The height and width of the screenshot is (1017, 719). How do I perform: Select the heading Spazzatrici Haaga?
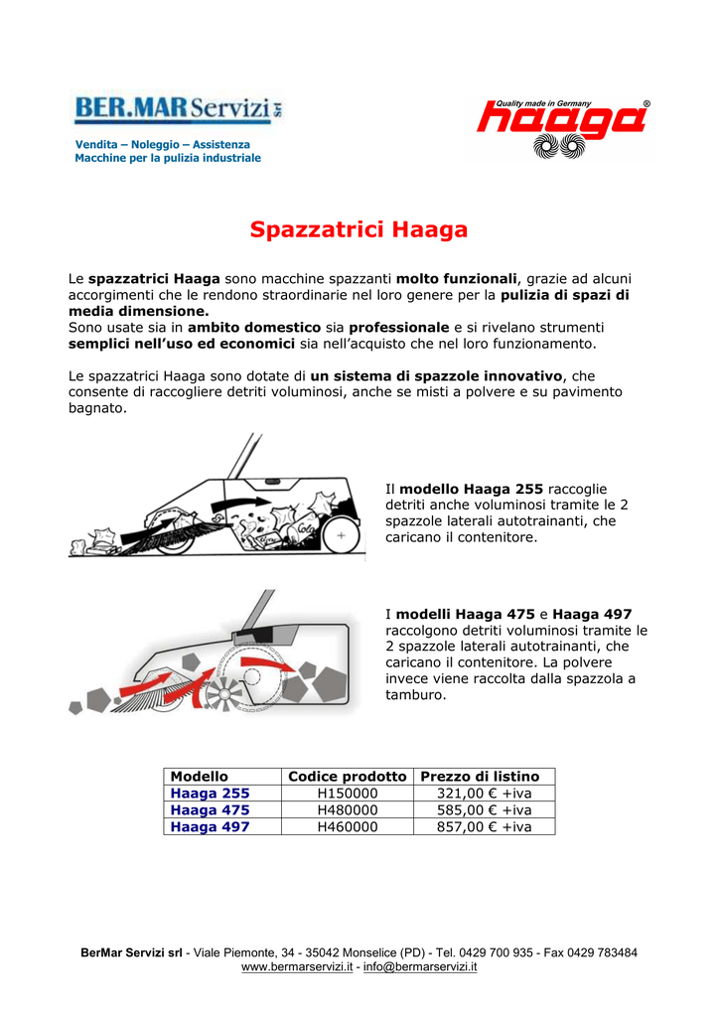(359, 230)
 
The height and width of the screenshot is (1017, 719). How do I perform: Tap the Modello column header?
(200, 776)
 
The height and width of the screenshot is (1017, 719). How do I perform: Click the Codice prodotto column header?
(347, 776)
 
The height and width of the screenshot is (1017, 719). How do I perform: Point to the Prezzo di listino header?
(481, 776)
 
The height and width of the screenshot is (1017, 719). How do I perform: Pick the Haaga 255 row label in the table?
(211, 794)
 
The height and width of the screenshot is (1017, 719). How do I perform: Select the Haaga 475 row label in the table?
(211, 809)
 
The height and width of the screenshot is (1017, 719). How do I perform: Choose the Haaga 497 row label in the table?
(211, 826)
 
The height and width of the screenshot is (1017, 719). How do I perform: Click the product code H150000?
(347, 794)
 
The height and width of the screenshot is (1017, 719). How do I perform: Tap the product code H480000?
(347, 809)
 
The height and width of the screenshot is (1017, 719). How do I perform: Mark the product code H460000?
(347, 826)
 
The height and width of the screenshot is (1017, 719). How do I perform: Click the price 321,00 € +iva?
(485, 794)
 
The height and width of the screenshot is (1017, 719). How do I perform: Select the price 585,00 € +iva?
(485, 809)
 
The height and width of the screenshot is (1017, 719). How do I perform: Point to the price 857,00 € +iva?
(485, 826)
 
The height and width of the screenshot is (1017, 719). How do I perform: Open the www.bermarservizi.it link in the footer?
(297, 966)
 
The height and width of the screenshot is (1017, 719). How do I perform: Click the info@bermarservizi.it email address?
(420, 966)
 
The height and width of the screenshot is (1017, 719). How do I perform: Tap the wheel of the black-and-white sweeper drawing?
(341, 535)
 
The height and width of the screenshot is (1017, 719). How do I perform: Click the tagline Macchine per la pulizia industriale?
(168, 158)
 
